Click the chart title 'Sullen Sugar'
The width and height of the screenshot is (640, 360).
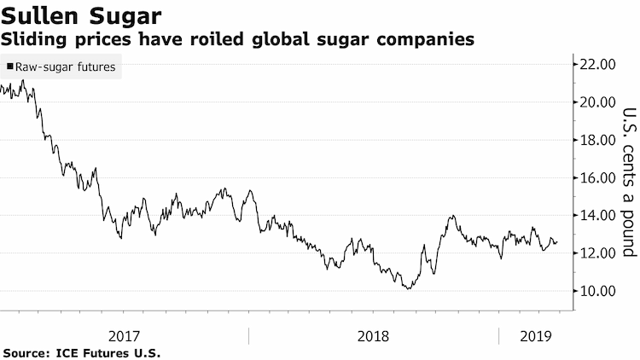click(81, 16)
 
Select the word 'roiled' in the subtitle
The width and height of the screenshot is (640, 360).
click(217, 39)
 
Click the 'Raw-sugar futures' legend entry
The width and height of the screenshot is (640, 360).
click(61, 67)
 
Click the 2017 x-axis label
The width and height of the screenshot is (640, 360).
click(124, 336)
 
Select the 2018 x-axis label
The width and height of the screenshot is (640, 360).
click(373, 336)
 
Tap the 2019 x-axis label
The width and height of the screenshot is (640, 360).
click(536, 336)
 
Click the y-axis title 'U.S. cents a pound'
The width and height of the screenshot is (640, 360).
click(629, 182)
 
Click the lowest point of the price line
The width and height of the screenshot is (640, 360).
click(409, 289)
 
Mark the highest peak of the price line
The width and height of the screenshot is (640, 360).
click(23, 80)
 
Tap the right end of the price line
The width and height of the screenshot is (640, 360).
click(557, 242)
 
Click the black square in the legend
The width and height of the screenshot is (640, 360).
click(10, 67)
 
